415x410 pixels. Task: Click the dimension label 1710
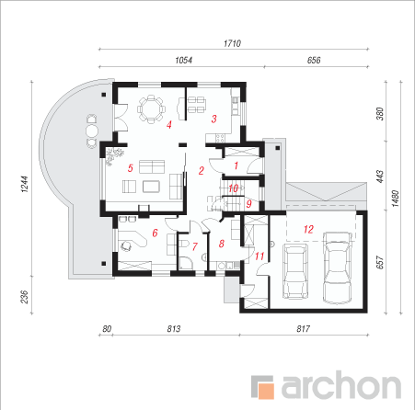click(x=232, y=43)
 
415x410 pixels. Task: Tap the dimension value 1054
click(x=183, y=60)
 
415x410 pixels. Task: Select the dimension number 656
click(x=314, y=60)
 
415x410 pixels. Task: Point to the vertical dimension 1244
click(x=25, y=184)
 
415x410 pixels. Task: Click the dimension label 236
click(x=25, y=297)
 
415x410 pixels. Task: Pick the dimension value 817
click(x=303, y=329)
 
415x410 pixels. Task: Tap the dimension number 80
click(x=107, y=329)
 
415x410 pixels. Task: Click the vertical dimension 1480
click(x=396, y=199)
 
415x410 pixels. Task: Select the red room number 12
click(x=308, y=229)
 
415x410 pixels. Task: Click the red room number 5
click(x=131, y=168)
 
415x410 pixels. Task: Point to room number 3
click(x=213, y=119)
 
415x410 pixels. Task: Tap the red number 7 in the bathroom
click(x=195, y=246)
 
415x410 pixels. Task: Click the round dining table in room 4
click(x=151, y=109)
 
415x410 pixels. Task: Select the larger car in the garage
click(x=338, y=268)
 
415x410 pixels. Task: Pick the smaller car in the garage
click(x=294, y=271)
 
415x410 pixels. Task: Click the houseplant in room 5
click(x=115, y=155)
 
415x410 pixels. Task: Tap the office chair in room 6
click(x=126, y=245)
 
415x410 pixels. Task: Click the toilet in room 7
click(x=185, y=244)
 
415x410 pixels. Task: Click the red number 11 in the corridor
click(x=259, y=256)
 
